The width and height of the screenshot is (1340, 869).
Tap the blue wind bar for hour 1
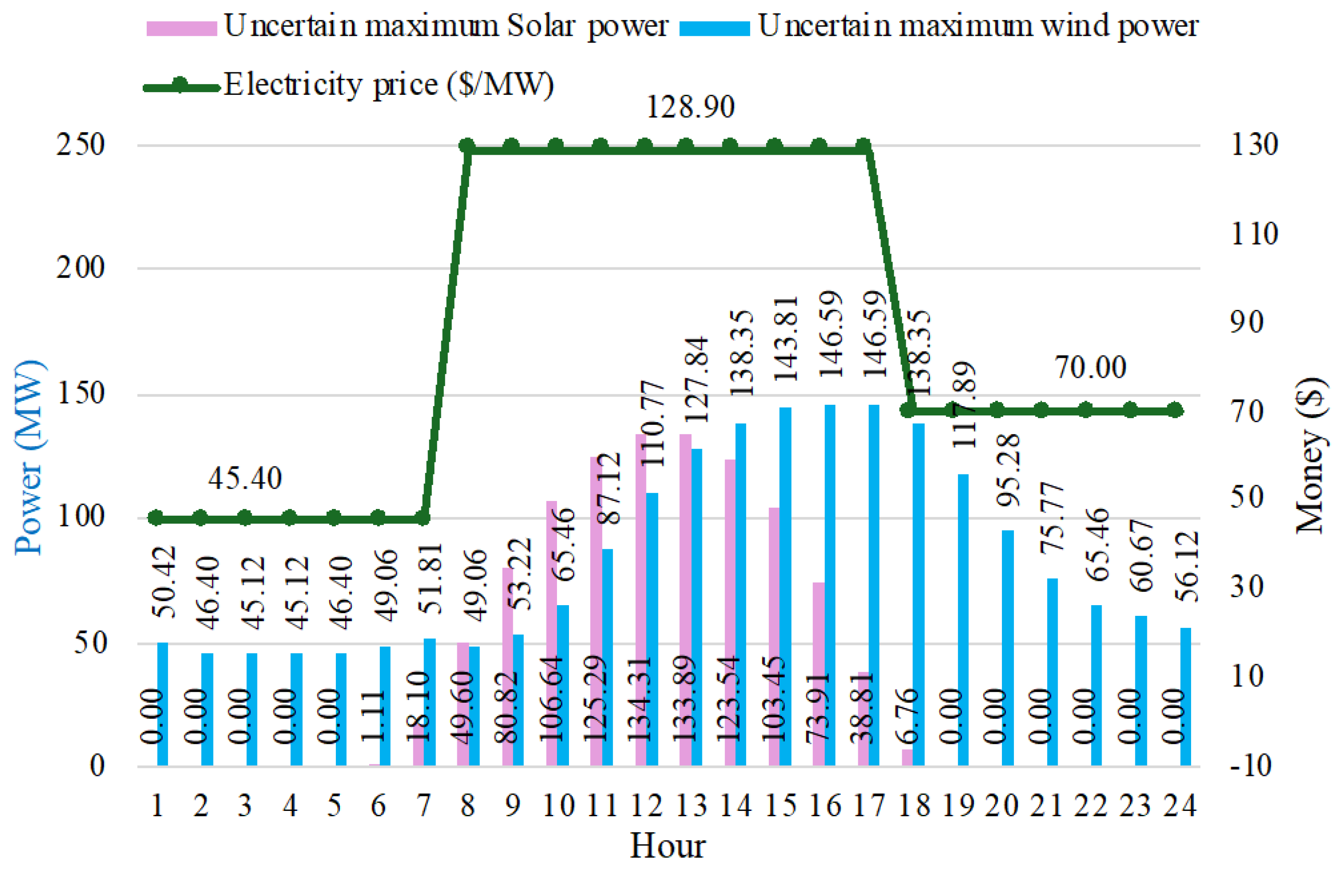pyautogui.click(x=162, y=704)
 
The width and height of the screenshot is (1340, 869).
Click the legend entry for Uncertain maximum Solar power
pyautogui.click(x=406, y=27)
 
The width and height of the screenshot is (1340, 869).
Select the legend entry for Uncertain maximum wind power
pyautogui.click(x=939, y=27)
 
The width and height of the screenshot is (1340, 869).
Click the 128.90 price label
pyautogui.click(x=690, y=107)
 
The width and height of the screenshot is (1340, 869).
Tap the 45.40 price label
pyautogui.click(x=245, y=479)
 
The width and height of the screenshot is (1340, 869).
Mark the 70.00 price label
pyautogui.click(x=1091, y=368)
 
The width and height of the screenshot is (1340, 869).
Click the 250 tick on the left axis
pyautogui.click(x=81, y=145)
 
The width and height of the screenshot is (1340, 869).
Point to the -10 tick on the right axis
pyautogui.click(x=1251, y=767)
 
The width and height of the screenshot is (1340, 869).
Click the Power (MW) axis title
pyautogui.click(x=28, y=457)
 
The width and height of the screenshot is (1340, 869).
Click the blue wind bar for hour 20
pyautogui.click(x=1008, y=648)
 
